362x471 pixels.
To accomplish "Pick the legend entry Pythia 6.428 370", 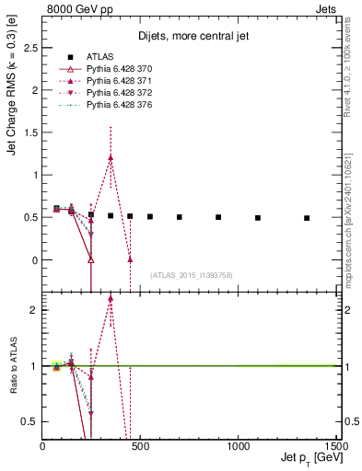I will tap(117, 71).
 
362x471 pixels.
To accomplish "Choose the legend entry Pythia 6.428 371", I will tap(117, 83).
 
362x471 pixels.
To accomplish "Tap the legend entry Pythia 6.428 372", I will tap(117, 95).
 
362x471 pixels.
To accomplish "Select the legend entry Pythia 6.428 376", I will tap(117, 107).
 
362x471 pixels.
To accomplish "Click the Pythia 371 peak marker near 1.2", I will tap(111, 157).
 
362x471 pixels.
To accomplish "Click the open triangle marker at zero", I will tap(91, 259).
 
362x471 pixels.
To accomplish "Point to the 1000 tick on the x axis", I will tap(238, 446).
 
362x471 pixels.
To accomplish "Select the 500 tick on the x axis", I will tap(140, 446).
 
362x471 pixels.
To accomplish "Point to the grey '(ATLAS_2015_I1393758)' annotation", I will tap(192, 275).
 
